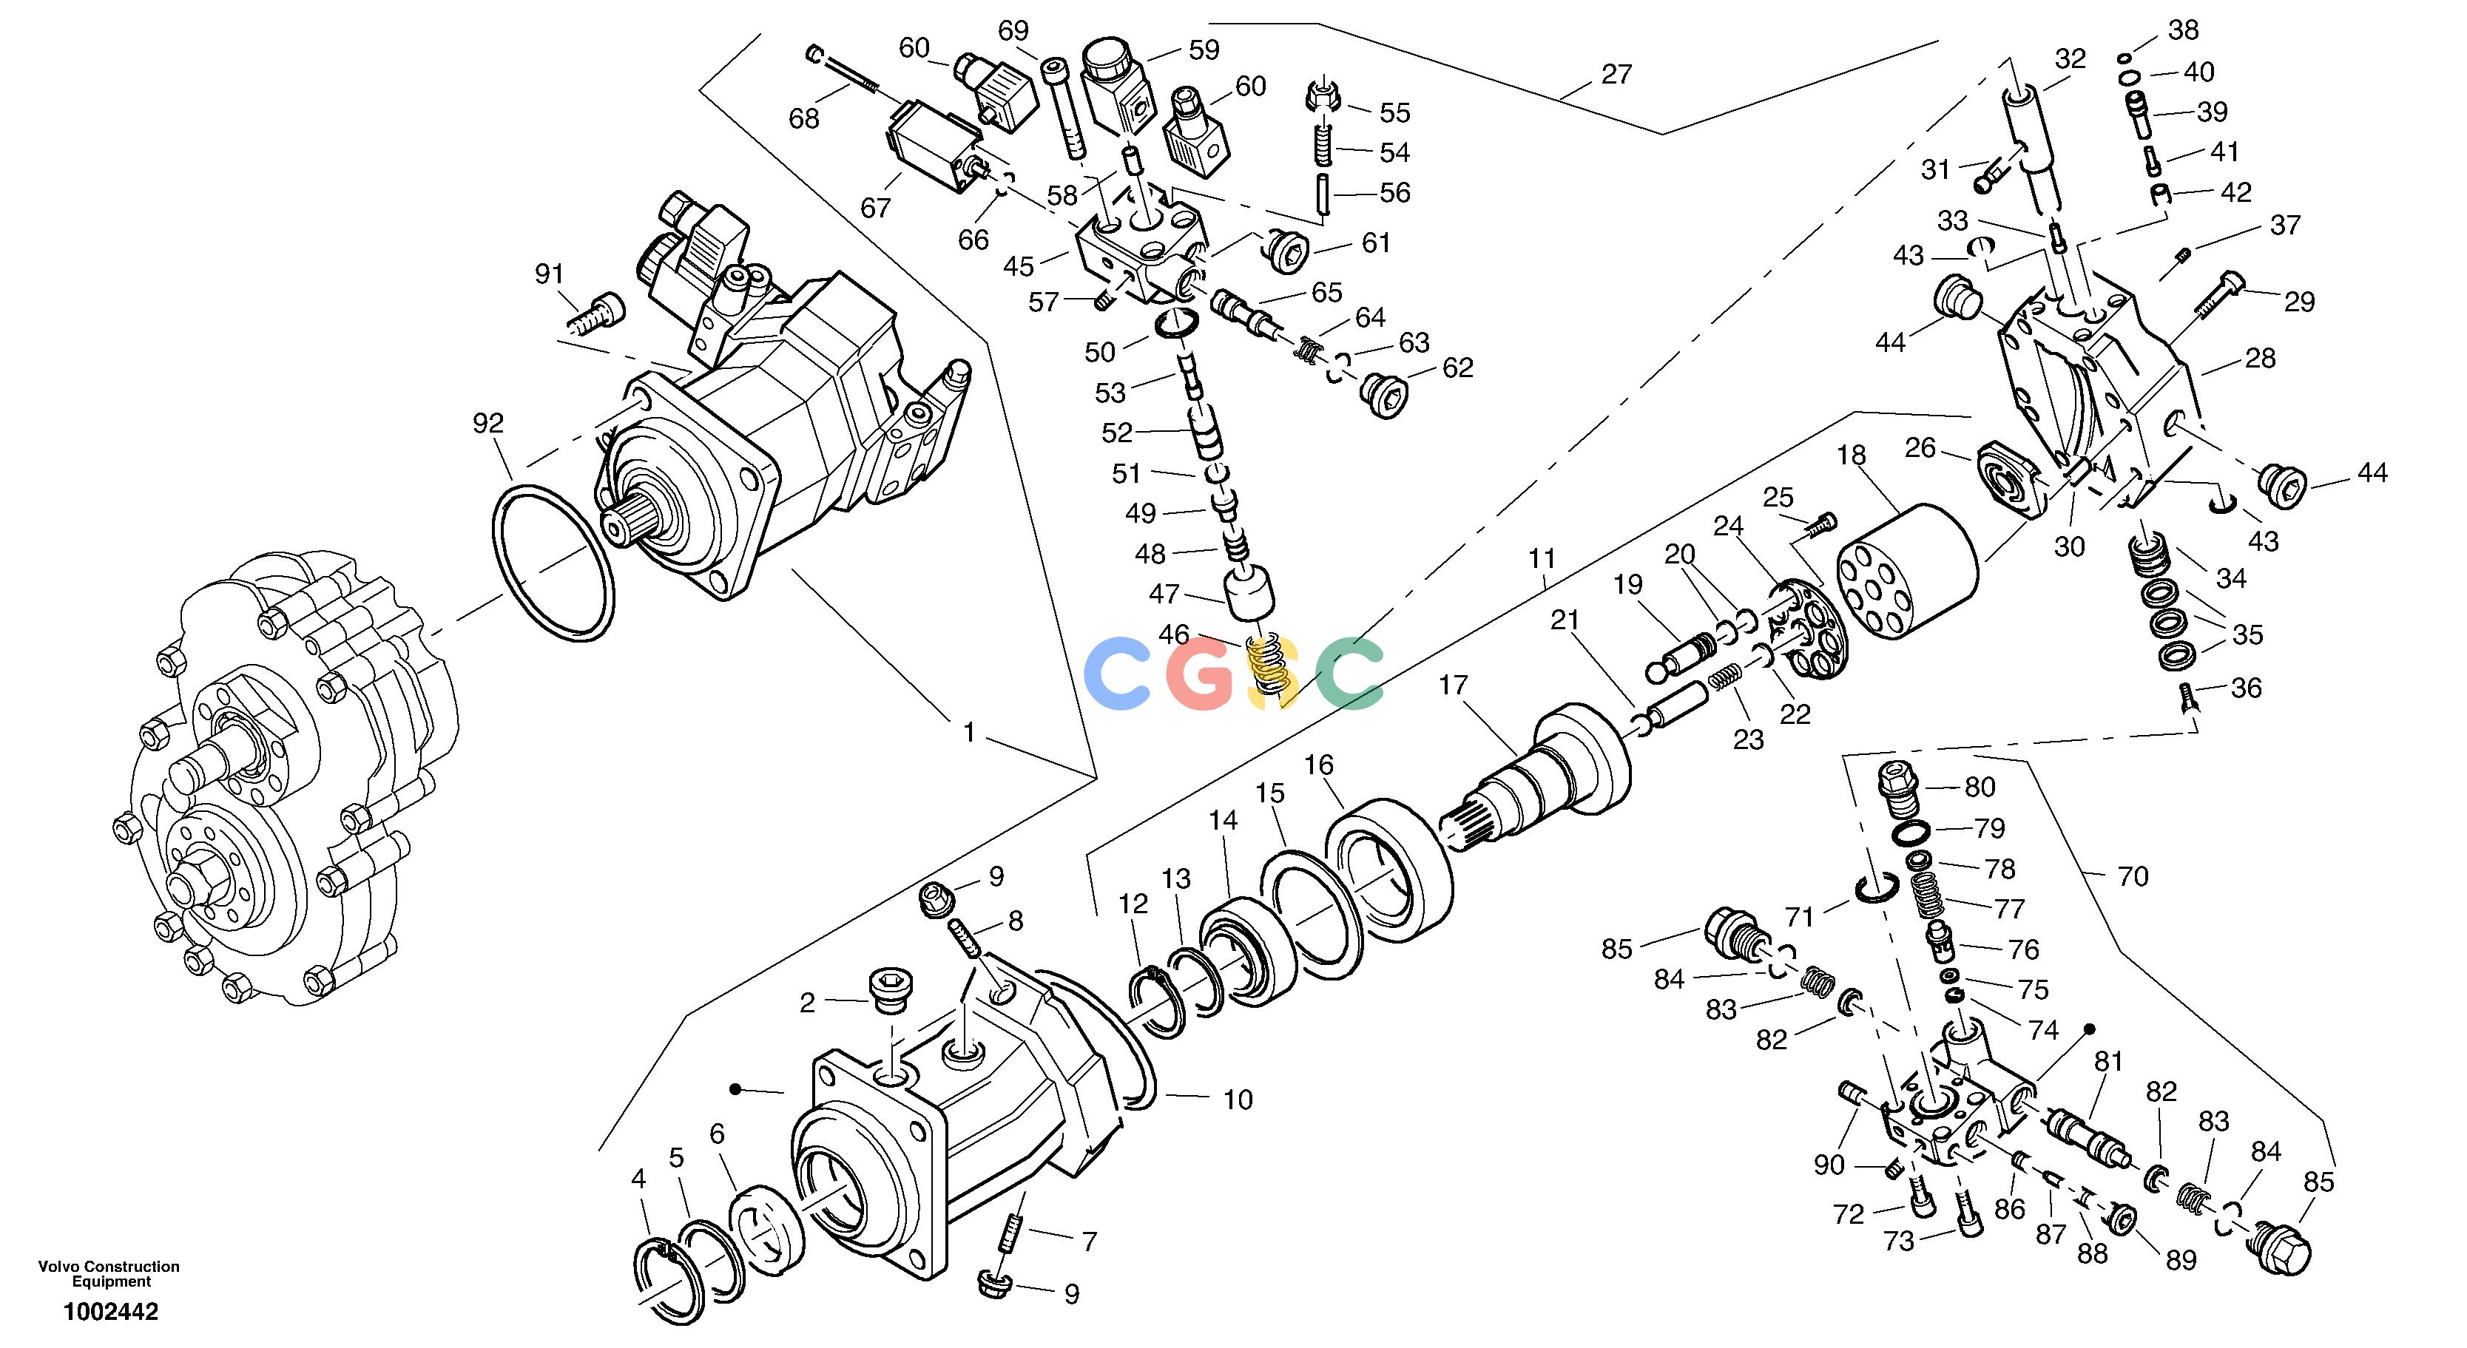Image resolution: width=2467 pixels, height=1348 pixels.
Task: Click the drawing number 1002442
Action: click(111, 1311)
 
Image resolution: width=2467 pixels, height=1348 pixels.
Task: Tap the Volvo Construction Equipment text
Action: click(109, 1273)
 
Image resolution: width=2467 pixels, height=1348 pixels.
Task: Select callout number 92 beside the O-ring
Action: click(488, 422)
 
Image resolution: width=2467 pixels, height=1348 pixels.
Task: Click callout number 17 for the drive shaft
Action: click(1453, 685)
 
